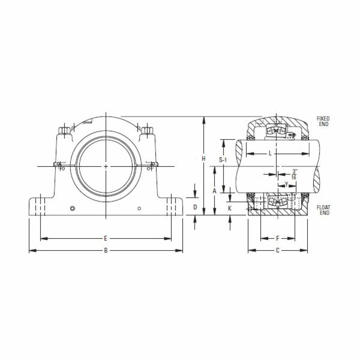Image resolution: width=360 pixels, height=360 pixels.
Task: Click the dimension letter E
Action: click(106, 238)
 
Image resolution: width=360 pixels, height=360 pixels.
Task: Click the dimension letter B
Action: click(106, 250)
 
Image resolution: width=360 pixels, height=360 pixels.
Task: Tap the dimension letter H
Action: click(203, 158)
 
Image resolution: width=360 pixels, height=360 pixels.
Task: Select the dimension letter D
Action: click(195, 207)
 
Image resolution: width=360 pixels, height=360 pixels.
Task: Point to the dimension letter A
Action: click(214, 191)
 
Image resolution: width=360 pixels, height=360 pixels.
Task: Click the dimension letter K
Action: click(230, 208)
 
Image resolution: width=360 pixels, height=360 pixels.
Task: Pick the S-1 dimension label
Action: click(223, 160)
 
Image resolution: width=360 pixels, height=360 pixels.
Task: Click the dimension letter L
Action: click(270, 153)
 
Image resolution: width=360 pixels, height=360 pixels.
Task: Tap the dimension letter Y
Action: click(286, 184)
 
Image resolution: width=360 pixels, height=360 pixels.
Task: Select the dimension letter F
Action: click(278, 238)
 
